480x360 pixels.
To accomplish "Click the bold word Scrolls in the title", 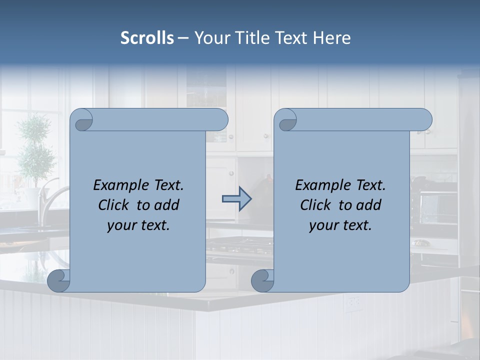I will (x=147, y=38).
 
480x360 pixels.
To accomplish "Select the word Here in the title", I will (x=332, y=38).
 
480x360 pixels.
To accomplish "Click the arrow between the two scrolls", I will (x=236, y=199).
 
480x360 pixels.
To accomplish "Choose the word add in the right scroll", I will (x=369, y=205).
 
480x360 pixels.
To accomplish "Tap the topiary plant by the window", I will (x=35, y=150).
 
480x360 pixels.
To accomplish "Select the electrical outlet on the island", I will (x=354, y=302).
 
